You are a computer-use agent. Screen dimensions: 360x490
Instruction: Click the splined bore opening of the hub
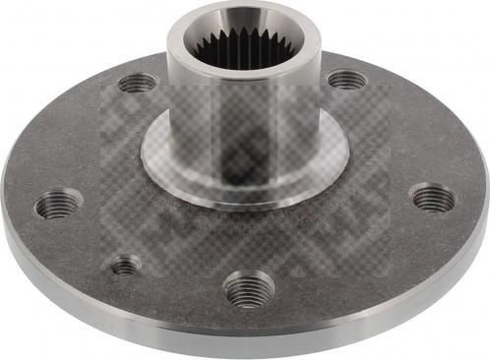pos(246,44)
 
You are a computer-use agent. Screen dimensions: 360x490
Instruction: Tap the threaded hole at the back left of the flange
pos(137,84)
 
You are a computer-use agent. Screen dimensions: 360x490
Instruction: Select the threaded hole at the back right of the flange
pos(345,79)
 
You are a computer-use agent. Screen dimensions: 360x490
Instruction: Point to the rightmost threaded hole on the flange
pos(433,198)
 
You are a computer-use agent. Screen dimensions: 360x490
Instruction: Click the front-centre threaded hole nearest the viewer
pos(248,289)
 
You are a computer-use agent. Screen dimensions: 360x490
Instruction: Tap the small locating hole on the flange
pos(125,265)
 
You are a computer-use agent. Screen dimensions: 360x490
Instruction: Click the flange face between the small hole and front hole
pos(182,280)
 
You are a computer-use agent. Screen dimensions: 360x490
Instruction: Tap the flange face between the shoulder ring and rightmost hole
pos(379,182)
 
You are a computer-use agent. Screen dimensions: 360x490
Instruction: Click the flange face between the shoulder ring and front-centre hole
pos(246,236)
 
